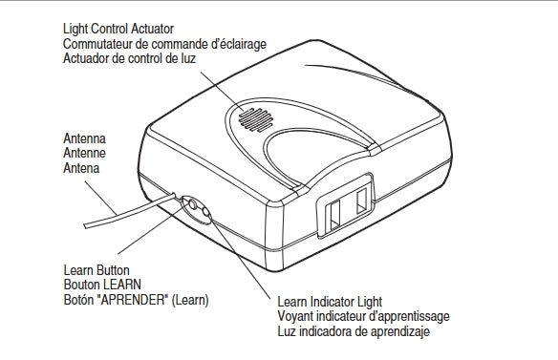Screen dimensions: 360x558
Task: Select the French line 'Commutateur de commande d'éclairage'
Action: click(163, 44)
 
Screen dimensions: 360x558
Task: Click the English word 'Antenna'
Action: click(83, 138)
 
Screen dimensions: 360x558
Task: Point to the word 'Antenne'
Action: click(84, 153)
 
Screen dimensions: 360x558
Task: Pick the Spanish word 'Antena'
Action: click(81, 168)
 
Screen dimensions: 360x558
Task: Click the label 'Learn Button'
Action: click(96, 270)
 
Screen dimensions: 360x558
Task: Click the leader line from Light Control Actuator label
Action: click(221, 91)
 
